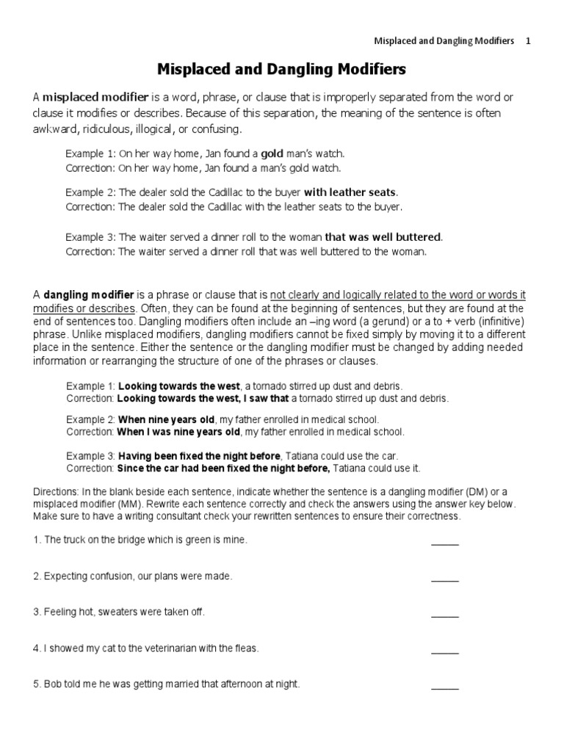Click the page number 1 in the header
pos(527,41)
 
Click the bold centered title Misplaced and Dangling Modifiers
pos(282,70)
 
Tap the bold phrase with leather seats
pos(350,192)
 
